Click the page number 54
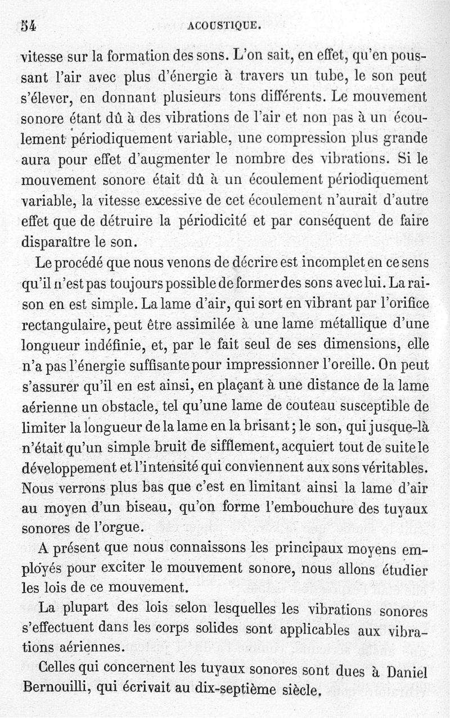coord(28,26)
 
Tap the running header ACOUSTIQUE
coord(224,25)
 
